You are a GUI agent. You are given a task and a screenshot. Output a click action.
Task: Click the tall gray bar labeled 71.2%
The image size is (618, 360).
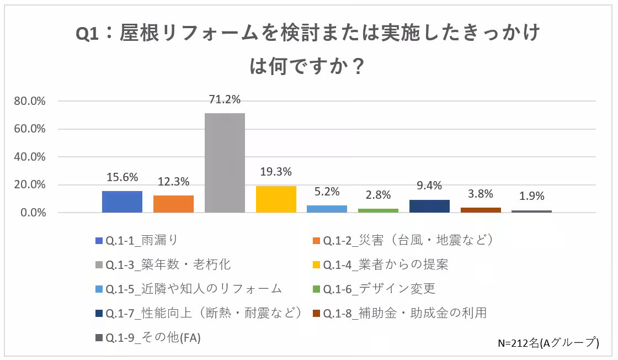click(x=225, y=163)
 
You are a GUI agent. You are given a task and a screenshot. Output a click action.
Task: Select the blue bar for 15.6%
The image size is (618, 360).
click(x=122, y=202)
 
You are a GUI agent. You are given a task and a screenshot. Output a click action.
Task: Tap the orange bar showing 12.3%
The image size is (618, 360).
click(x=173, y=204)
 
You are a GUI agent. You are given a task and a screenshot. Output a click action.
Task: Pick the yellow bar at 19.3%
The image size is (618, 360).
click(x=276, y=199)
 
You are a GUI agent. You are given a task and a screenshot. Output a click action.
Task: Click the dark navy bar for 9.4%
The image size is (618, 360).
click(x=429, y=206)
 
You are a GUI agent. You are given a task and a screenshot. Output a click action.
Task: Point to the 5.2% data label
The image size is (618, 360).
click(x=327, y=192)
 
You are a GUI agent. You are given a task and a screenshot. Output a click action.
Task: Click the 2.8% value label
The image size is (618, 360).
click(x=379, y=195)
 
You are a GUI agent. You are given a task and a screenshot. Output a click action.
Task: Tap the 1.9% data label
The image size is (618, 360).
click(x=532, y=196)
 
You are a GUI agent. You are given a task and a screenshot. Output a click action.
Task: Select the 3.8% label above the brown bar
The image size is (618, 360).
click(x=481, y=194)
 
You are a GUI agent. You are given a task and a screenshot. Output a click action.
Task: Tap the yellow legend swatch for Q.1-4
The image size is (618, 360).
click(x=316, y=265)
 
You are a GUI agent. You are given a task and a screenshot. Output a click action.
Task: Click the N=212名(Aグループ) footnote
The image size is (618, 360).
click(x=548, y=343)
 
